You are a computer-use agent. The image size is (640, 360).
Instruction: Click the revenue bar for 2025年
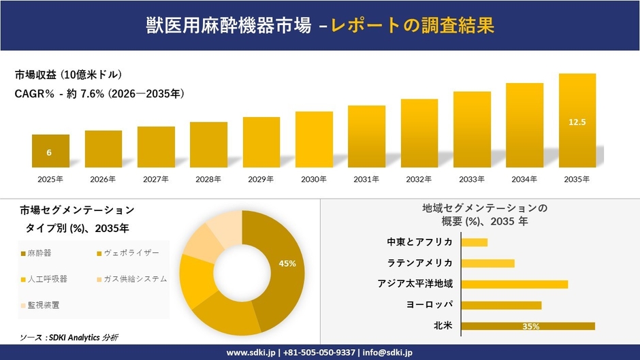pyautogui.click(x=50, y=151)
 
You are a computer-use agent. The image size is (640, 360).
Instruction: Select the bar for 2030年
pyautogui.click(x=314, y=140)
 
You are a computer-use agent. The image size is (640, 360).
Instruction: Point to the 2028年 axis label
pyautogui.click(x=208, y=179)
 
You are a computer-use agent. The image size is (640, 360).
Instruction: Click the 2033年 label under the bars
pyautogui.click(x=472, y=179)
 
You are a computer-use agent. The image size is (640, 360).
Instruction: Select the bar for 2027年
pyautogui.click(x=156, y=147)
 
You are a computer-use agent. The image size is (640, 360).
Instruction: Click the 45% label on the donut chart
pyautogui.click(x=287, y=263)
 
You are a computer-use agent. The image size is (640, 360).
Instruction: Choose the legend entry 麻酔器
pyautogui.click(x=39, y=253)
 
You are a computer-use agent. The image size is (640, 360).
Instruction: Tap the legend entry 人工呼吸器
pyautogui.click(x=47, y=279)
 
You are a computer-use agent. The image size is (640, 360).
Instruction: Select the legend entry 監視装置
pyautogui.click(x=43, y=305)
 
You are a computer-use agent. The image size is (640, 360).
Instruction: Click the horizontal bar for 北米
pyautogui.click(x=528, y=326)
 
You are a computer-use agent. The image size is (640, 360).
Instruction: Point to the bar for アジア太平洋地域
pyautogui.click(x=514, y=284)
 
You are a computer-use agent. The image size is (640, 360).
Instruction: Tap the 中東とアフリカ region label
pyautogui.click(x=419, y=242)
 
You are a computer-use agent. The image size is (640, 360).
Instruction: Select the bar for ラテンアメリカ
pyautogui.click(x=487, y=263)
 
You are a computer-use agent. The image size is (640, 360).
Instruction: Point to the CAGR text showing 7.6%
pyautogui.click(x=99, y=94)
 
